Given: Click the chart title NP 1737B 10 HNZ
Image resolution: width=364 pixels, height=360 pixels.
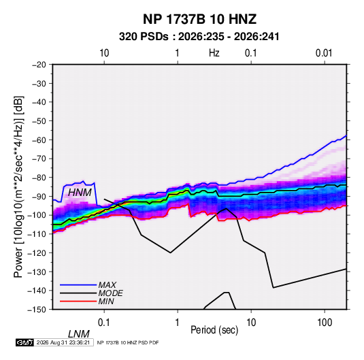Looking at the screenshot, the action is click(199, 19).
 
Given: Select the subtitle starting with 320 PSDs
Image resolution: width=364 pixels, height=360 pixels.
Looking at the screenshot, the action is click(199, 37).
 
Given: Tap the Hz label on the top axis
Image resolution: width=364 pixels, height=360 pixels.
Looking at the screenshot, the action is click(214, 53).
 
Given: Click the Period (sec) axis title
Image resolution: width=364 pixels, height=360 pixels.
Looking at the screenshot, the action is click(214, 330).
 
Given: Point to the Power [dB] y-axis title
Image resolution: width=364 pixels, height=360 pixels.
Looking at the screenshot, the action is click(18, 186).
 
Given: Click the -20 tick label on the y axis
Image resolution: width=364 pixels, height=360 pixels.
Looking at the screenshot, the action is click(39, 65).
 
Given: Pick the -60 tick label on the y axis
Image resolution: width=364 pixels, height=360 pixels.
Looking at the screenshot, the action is click(39, 140).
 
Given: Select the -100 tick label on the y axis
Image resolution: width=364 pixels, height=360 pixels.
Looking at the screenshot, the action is click(37, 215).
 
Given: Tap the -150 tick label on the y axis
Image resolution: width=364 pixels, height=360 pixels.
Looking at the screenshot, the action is click(37, 310).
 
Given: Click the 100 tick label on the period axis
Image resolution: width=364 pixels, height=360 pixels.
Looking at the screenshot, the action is click(325, 322).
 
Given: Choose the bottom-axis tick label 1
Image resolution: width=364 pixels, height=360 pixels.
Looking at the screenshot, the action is click(177, 322).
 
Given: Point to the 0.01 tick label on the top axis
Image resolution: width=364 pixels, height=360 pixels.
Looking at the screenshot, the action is click(324, 53).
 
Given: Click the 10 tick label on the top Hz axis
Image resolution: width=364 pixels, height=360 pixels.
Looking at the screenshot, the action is click(104, 53).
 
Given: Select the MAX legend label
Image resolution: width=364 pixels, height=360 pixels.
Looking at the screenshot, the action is click(107, 284).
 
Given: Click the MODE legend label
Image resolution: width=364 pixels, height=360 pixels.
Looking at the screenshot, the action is click(110, 293).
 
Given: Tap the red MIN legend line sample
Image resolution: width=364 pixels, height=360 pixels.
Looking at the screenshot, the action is click(78, 301).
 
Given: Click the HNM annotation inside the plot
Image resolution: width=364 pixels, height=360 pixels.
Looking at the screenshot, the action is click(80, 193).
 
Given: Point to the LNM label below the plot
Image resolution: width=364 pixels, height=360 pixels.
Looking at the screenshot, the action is click(78, 334).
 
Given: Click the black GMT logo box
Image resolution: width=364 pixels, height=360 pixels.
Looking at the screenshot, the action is click(24, 342).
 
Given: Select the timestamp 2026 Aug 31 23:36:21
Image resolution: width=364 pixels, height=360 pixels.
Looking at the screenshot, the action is click(63, 342).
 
